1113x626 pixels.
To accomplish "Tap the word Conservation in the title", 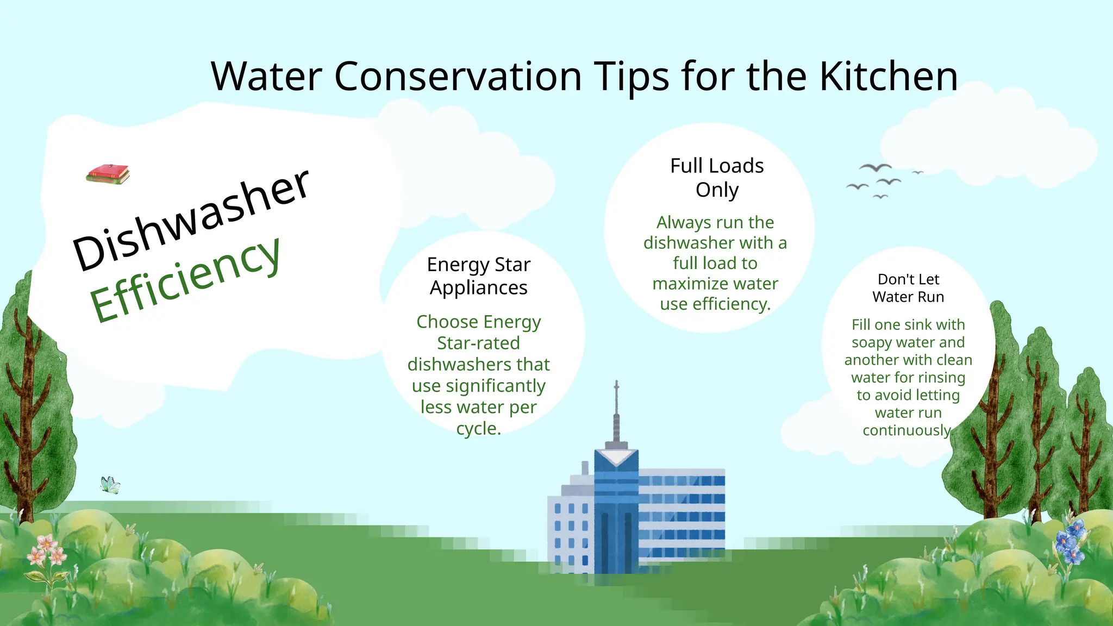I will tap(458, 77).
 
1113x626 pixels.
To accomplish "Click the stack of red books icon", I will tap(108, 174).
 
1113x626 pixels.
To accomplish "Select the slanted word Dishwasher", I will tap(191, 220).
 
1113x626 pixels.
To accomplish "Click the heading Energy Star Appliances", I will tap(478, 276).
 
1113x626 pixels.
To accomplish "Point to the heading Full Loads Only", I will tap(716, 178).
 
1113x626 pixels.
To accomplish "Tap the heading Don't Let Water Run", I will tap(908, 288).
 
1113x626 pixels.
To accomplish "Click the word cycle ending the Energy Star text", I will tap(476, 429).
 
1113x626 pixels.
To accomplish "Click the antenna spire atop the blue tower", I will tap(616, 413).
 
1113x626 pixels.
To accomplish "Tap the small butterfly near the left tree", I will tap(110, 485).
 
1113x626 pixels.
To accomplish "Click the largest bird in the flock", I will tap(875, 167).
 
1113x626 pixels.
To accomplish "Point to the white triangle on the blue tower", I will tap(616, 457).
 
